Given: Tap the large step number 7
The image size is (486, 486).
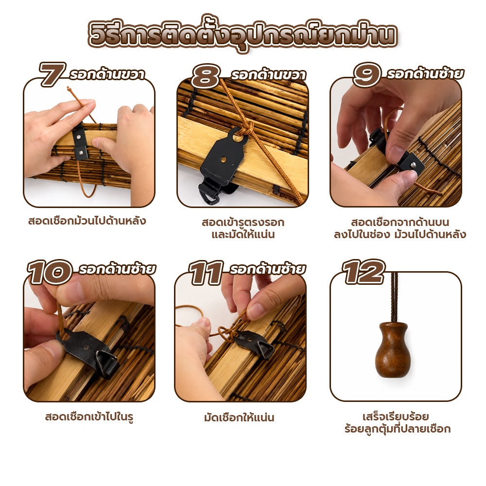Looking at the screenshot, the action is point(52,74).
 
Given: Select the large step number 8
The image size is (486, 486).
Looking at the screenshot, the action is point(205,76).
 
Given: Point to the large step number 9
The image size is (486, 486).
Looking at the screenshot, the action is point(367,74).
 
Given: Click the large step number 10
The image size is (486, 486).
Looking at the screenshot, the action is point(50,272).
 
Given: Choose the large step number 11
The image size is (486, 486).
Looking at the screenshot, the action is point(206,273).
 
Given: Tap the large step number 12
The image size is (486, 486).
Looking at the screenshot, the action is point(364,272).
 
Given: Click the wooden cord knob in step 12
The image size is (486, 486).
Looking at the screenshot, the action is point(393,349).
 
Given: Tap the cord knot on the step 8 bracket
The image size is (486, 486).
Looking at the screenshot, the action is point(246,128).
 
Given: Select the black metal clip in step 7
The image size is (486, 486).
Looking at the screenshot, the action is point(80,142).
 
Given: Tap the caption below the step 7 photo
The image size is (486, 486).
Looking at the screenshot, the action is point(87,221).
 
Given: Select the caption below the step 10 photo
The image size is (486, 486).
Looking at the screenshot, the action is point(89,417).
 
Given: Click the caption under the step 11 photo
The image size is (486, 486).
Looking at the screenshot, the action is point(239,417).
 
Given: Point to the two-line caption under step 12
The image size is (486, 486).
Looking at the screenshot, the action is point(398,423).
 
